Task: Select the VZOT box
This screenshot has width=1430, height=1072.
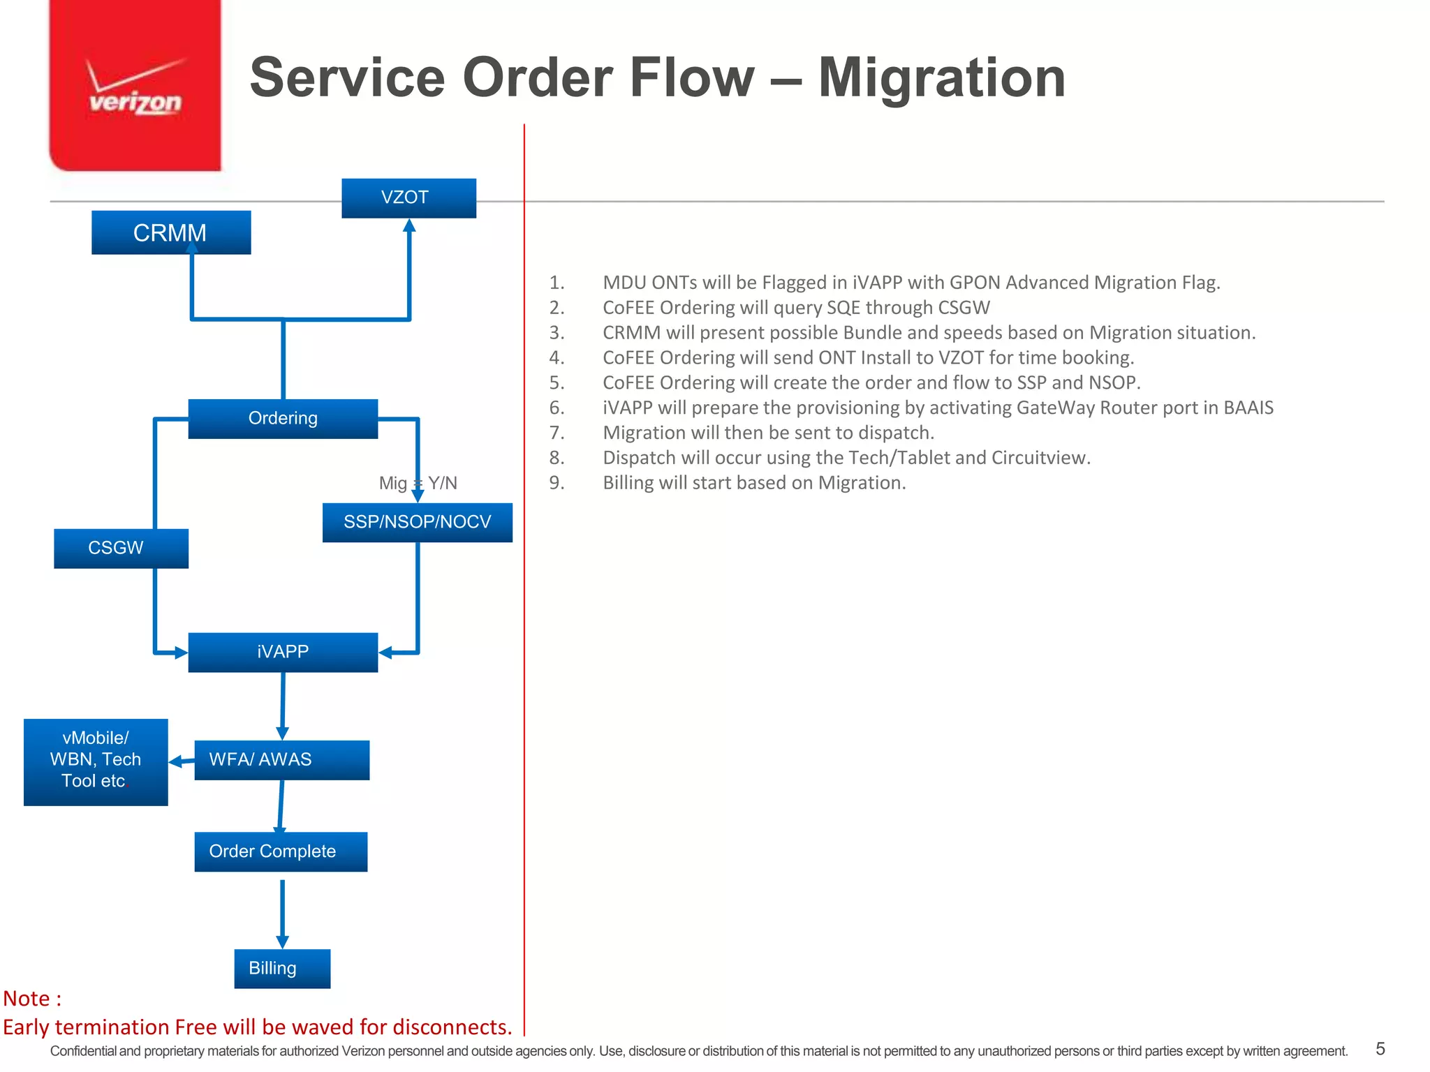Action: coord(408,198)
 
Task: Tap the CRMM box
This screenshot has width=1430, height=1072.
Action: coord(171,232)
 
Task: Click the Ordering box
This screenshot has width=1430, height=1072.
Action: coord(283,418)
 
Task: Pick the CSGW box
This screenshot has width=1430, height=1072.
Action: coord(120,548)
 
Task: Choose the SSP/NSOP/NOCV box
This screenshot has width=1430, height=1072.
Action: coord(417,522)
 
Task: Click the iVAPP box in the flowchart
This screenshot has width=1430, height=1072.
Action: coord(283,652)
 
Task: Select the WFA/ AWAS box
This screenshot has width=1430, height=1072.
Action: coord(281,759)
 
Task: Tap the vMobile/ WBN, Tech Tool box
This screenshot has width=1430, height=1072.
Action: coord(96,761)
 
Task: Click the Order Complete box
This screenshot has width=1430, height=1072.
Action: coord(281,851)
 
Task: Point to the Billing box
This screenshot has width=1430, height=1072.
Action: coord(282,968)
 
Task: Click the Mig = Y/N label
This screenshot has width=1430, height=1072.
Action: coord(418,483)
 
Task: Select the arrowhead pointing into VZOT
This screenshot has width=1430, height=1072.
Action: coord(409,225)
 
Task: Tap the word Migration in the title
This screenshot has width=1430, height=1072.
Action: coord(941,77)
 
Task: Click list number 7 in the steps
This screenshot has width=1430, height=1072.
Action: coord(556,433)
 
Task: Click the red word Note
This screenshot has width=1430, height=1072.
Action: coord(27,999)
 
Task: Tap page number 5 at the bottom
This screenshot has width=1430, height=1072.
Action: coord(1380,1048)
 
